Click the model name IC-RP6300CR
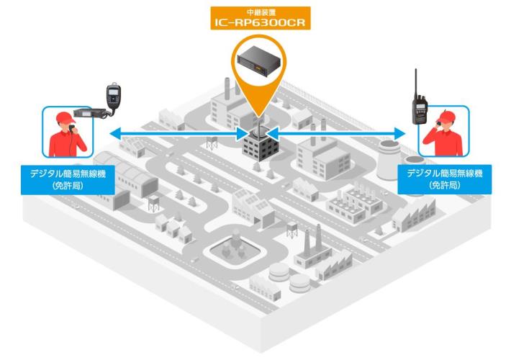(256, 23)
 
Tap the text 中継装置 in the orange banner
(256, 11)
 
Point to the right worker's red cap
(447, 116)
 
